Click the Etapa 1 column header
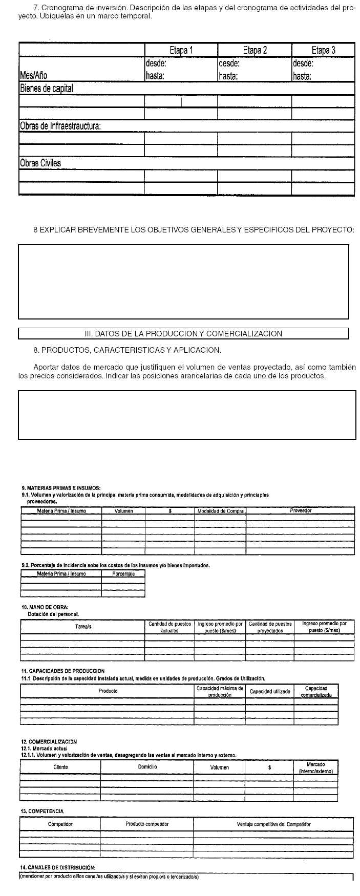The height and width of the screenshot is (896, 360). click(x=181, y=50)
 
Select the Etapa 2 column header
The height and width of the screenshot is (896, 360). click(x=255, y=50)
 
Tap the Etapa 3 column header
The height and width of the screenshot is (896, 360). click(x=323, y=50)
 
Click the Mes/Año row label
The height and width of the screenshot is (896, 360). click(x=34, y=76)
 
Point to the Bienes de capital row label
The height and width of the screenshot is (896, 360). click(x=47, y=89)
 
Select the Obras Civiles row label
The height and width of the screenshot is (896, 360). click(x=40, y=163)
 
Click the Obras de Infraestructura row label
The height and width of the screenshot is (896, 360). click(x=60, y=126)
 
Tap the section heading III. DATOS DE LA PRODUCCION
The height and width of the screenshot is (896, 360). click(x=183, y=334)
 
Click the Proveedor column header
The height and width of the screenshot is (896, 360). click(x=301, y=510)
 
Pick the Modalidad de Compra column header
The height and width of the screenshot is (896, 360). click(x=220, y=511)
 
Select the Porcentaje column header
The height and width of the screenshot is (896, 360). click(x=123, y=574)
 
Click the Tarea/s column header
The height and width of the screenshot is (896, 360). click(x=83, y=627)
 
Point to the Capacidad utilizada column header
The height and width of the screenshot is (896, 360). click(x=270, y=692)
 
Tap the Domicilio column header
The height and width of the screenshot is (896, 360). click(x=147, y=767)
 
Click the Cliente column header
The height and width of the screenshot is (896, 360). click(x=60, y=767)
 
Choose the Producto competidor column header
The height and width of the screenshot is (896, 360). click(x=147, y=824)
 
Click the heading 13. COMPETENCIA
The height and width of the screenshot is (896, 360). click(x=43, y=811)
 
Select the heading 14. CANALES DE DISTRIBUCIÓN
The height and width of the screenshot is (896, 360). click(x=58, y=867)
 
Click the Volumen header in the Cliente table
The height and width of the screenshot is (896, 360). click(x=220, y=767)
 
